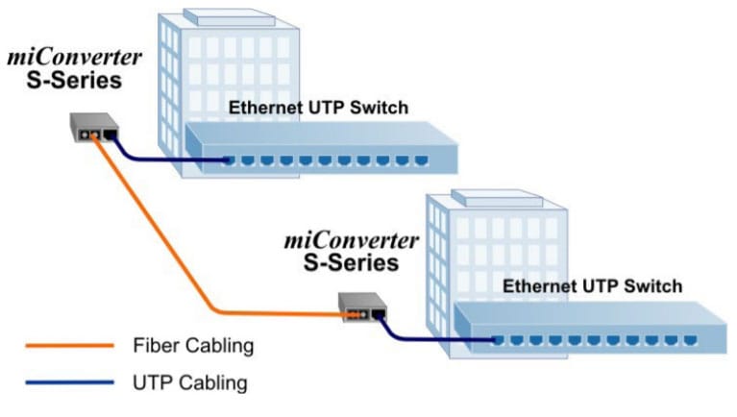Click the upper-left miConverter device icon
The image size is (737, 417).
[94, 128]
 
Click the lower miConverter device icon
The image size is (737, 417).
[363, 307]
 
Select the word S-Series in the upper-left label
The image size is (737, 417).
[76, 80]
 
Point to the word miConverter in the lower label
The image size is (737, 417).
[352, 239]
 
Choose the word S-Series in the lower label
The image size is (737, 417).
[357, 261]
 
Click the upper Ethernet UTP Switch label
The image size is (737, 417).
[318, 108]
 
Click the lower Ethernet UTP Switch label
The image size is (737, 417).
[593, 285]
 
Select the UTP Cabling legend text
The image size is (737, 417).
[189, 382]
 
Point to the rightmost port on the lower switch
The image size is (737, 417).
[689, 340]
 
